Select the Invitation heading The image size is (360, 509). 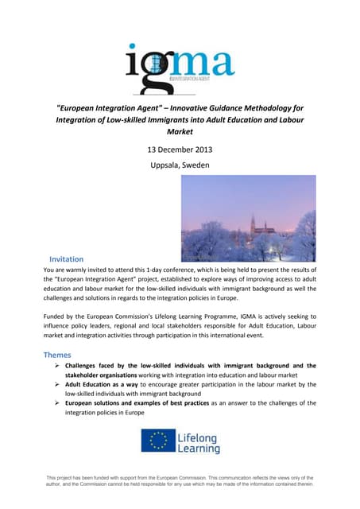point(72,259)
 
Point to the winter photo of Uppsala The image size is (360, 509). point(248,218)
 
